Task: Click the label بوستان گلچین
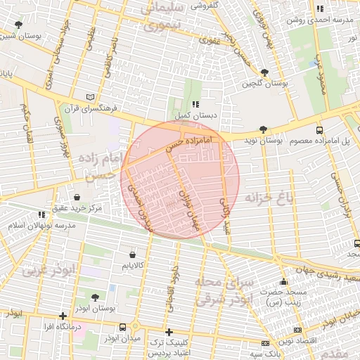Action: click(x=263, y=84)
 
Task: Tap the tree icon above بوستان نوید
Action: click(x=263, y=129)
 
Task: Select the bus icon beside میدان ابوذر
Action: click(x=124, y=327)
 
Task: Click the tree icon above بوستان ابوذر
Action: click(x=94, y=297)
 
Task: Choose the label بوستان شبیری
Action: click(x=22, y=34)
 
